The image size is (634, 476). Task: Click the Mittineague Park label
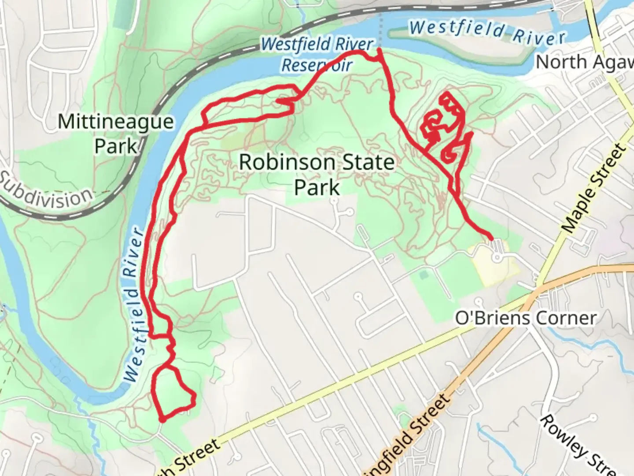point(116,134)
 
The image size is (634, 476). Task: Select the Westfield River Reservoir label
point(317,55)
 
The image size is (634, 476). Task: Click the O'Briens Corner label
point(526,318)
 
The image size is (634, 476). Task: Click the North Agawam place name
point(584,62)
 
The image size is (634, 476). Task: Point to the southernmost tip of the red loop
point(162,420)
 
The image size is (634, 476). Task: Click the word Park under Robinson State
point(317,187)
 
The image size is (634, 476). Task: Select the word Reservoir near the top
point(317,66)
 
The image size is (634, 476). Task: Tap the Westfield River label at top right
point(487,32)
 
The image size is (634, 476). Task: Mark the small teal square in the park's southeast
point(424,275)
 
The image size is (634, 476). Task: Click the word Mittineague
point(116,122)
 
